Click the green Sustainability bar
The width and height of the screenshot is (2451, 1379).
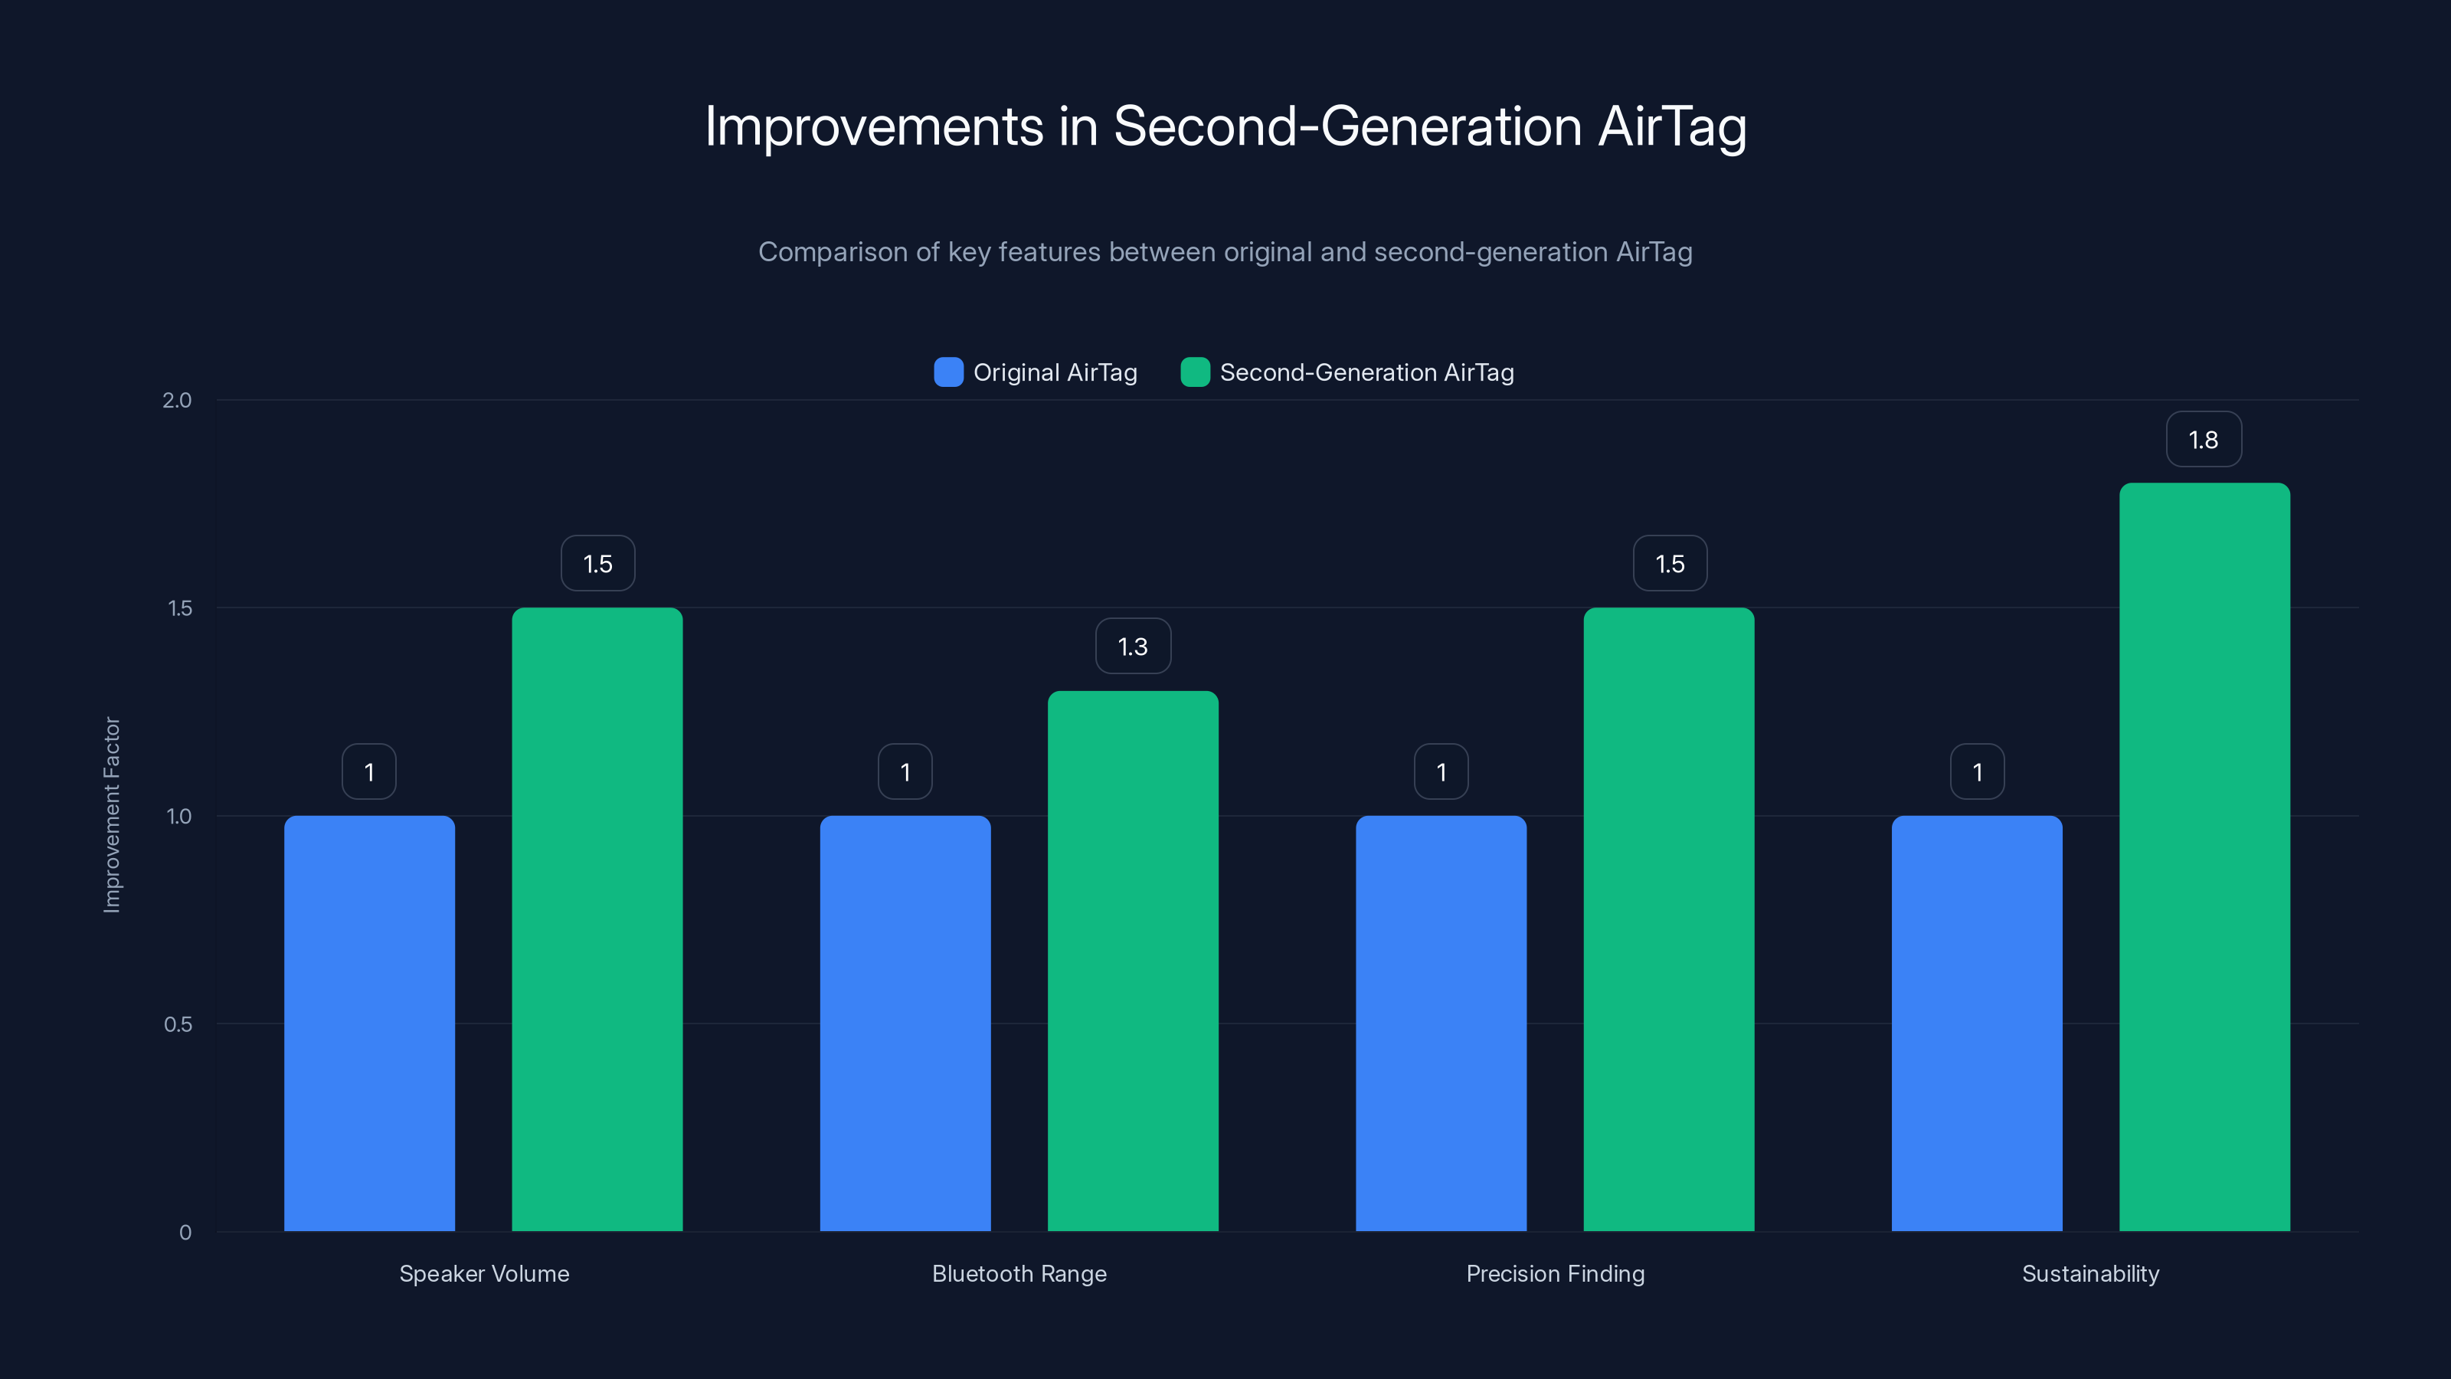tap(2204, 857)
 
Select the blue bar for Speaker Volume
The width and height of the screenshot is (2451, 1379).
tap(369, 1023)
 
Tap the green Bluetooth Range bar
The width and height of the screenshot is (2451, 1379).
tap(1132, 961)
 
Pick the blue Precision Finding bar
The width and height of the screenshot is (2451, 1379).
tap(1441, 1023)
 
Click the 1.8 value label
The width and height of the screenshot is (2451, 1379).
tap(2204, 440)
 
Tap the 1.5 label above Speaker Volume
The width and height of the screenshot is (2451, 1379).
tap(597, 563)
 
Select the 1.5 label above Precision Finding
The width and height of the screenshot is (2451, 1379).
tap(1670, 563)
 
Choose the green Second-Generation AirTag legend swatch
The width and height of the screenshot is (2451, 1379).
tap(1195, 372)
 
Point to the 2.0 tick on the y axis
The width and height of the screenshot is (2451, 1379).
tap(177, 401)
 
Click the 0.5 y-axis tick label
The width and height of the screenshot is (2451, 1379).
tap(178, 1025)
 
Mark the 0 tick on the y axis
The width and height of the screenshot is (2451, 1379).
tap(185, 1233)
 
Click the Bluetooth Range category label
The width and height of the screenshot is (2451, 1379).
tap(1019, 1274)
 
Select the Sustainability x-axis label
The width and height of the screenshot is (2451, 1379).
tap(2090, 1274)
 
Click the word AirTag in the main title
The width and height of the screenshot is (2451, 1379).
tap(1672, 126)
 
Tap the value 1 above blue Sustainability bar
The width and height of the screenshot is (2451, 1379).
tap(1977, 771)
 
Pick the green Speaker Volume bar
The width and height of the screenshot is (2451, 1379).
tap(597, 919)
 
